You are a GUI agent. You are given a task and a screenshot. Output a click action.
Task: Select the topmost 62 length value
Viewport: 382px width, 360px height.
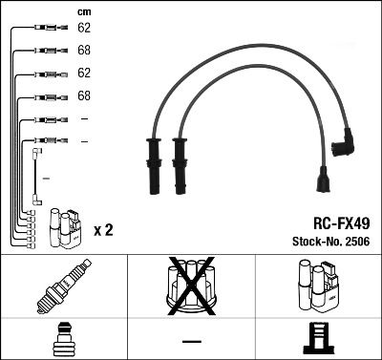83,29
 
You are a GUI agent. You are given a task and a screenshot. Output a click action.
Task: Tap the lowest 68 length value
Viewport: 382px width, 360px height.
83,95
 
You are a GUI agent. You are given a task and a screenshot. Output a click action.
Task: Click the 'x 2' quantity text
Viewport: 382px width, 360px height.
104,230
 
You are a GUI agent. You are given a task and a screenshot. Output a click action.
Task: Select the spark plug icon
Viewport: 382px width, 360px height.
61,286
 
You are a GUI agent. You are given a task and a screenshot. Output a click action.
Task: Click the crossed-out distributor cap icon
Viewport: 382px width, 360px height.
191,286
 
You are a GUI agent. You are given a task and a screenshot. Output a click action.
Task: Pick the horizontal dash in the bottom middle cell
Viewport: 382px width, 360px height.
191,341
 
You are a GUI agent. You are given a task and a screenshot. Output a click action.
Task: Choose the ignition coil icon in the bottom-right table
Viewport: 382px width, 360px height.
318,286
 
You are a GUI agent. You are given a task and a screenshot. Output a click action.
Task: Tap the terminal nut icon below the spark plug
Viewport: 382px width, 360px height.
61,339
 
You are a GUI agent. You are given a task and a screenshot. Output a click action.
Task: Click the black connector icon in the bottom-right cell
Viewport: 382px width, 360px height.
318,339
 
